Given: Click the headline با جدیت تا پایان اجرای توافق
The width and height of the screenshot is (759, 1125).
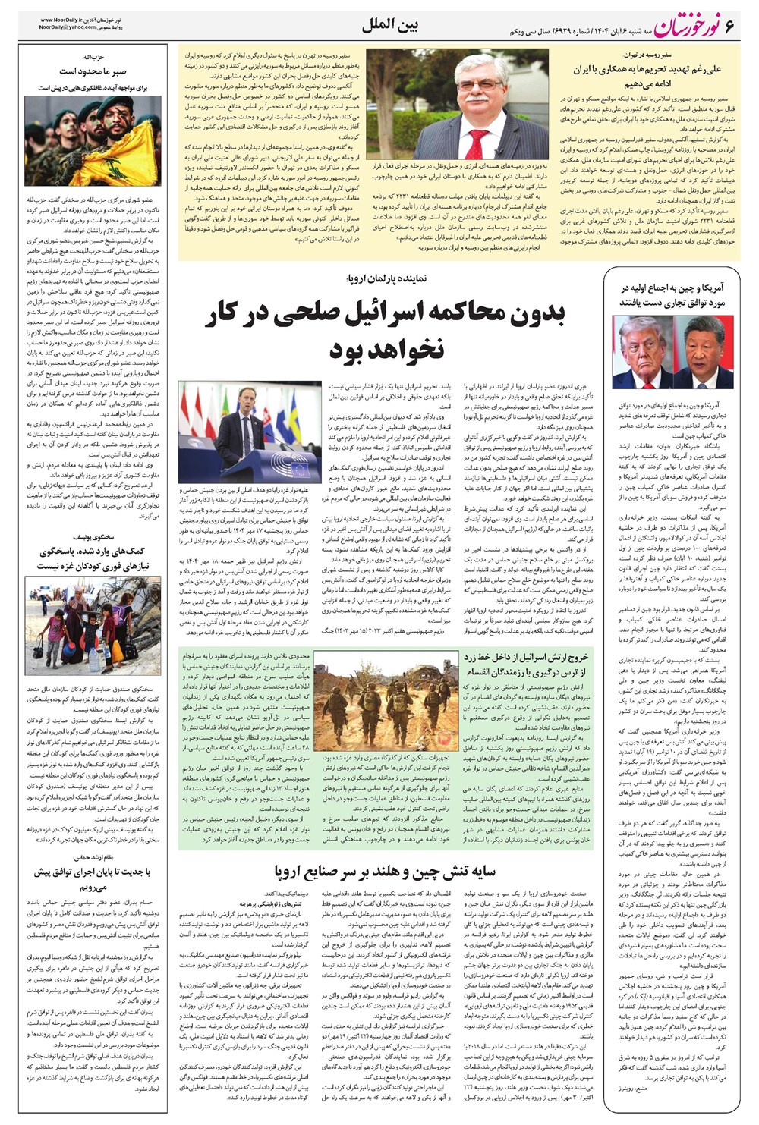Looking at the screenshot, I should tap(93, 878).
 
